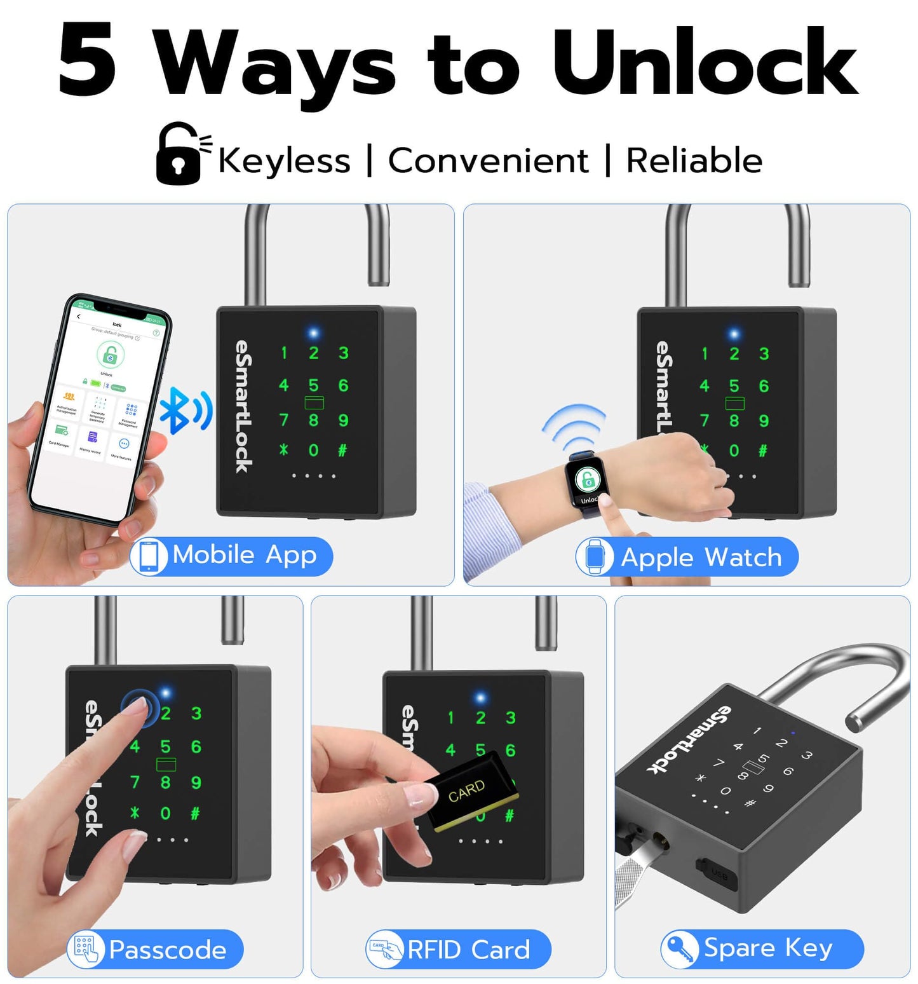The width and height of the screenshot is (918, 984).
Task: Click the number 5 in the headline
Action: tap(88, 60)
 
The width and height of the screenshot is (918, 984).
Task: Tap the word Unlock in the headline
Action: tap(705, 62)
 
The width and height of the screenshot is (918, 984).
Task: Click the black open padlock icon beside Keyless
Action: tap(180, 154)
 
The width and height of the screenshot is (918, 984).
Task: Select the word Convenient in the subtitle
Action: tap(488, 160)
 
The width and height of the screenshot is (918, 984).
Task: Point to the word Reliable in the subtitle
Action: tap(694, 160)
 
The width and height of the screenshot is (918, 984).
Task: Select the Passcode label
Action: tap(156, 950)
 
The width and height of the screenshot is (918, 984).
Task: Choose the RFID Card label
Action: tap(458, 950)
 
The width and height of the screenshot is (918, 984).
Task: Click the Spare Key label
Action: tap(762, 948)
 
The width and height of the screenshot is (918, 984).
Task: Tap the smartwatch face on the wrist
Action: tap(588, 481)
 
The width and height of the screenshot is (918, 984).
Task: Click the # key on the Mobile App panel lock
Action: tap(342, 451)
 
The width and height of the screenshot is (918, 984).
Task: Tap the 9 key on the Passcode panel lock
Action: tap(196, 782)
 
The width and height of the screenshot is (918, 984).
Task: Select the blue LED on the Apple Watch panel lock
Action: tap(734, 333)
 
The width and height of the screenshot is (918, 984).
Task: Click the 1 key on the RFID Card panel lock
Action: tap(450, 718)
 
